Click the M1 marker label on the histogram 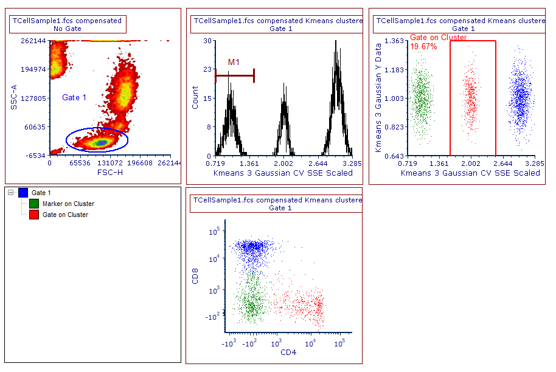(234, 62)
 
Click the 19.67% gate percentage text (423, 47)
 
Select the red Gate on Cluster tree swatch (34, 215)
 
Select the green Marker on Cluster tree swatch (34, 204)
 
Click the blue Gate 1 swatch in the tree (23, 193)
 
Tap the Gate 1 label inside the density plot (74, 97)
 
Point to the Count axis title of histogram (195, 98)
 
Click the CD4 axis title (283, 353)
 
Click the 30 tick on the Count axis (207, 41)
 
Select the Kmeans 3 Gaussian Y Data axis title (378, 98)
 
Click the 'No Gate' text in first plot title (67, 29)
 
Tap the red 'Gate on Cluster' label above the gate (438, 38)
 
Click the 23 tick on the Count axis (207, 69)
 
